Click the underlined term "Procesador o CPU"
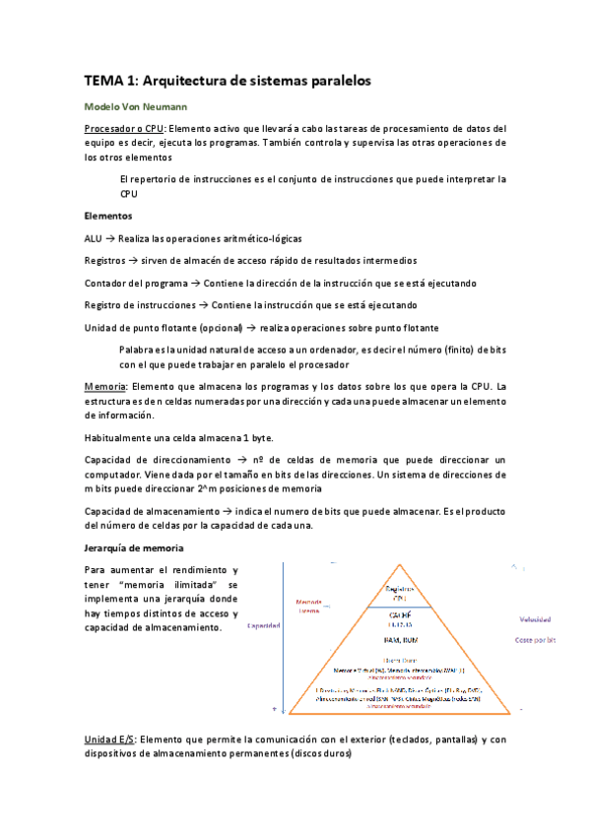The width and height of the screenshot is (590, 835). point(124,128)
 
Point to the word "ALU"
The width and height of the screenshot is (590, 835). point(95,238)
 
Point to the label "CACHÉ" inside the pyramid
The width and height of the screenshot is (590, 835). point(400,613)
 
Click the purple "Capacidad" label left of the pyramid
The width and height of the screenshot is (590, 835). point(265,625)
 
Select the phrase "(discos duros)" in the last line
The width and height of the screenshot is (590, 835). point(315,754)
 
